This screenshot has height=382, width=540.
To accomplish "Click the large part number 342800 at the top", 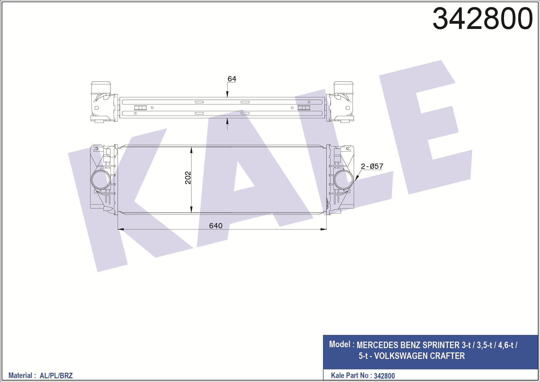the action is [x=482, y=18].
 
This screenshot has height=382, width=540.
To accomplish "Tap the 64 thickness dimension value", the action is [x=232, y=79].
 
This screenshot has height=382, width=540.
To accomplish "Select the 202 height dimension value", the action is [x=188, y=178].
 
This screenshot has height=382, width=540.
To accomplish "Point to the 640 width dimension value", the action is [x=216, y=226].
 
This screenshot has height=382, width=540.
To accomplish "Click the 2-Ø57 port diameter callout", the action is [x=372, y=166].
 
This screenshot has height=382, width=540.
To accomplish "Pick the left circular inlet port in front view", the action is [x=101, y=180].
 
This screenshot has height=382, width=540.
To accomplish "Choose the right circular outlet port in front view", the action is [x=344, y=180].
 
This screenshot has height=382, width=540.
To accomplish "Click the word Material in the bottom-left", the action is [x=20, y=376].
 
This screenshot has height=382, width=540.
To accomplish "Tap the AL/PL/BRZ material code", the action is [x=56, y=376].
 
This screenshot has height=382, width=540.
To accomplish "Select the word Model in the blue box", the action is [x=340, y=344].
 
